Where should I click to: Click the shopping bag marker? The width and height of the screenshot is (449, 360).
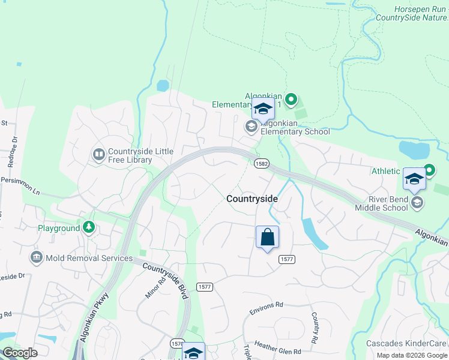[x=267, y=237]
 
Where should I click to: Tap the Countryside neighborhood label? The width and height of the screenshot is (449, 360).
[x=252, y=199]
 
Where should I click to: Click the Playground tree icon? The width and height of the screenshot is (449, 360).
[x=89, y=227]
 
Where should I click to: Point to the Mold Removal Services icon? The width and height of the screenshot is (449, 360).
[x=35, y=258]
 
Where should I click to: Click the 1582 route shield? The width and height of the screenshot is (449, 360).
[x=261, y=163]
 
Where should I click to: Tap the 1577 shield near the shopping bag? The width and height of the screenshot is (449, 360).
[x=286, y=259]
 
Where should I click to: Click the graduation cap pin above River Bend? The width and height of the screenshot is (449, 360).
[x=414, y=179]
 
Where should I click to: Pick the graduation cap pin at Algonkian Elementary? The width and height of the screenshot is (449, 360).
[x=263, y=109]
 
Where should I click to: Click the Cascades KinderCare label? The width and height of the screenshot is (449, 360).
[x=408, y=344]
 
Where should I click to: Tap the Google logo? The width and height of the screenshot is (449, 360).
[x=20, y=353]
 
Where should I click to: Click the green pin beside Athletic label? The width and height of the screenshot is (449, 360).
[x=429, y=170]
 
